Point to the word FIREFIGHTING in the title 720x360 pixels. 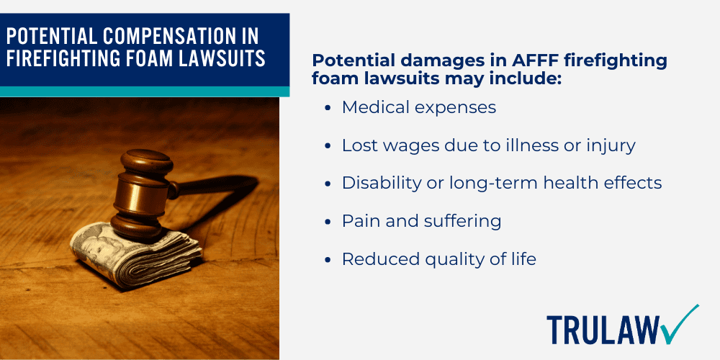(x=59, y=59)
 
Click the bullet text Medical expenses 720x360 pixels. (x=419, y=107)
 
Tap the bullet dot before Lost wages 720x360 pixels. (x=328, y=146)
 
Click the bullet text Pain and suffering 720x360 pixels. (x=421, y=221)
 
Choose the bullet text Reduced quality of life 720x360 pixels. (x=438, y=259)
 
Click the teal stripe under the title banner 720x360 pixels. (x=144, y=91)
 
